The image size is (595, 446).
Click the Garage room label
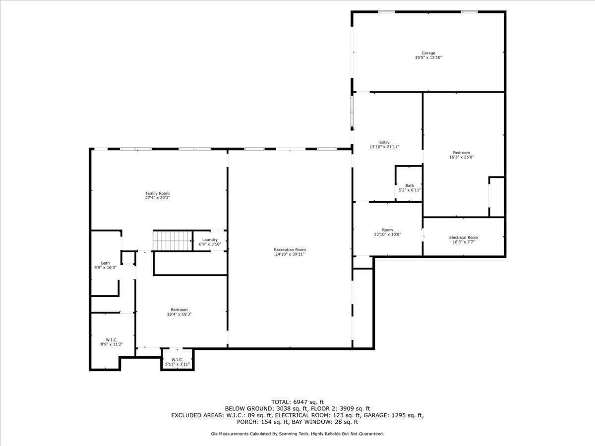pos(428,53)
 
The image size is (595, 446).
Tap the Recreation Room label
pos(290,250)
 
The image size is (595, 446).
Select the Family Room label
pos(158,193)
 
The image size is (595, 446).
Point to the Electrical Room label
pos(464,237)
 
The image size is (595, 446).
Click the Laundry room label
pos(210,240)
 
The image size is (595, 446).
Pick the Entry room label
pos(384,142)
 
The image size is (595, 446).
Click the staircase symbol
pos(173,240)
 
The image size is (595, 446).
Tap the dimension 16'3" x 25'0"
pos(461,157)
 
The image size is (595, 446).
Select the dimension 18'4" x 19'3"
pos(179,314)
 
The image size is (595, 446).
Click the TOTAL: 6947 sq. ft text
pos(297,402)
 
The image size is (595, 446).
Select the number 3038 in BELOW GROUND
pos(283,409)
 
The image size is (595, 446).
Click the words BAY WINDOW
pos(309,422)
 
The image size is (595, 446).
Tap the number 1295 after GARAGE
pos(399,415)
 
